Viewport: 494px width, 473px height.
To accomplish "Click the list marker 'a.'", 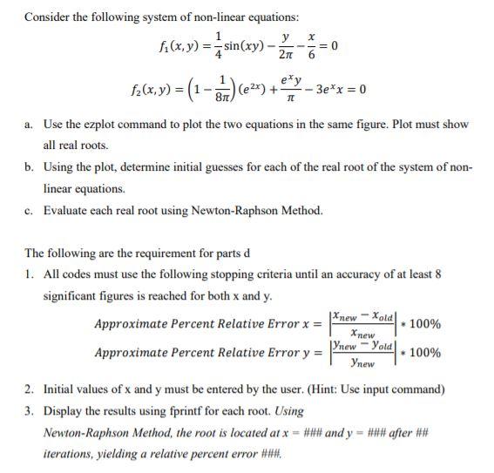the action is (x=30, y=125).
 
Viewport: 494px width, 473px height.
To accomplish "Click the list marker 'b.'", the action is (x=30, y=166).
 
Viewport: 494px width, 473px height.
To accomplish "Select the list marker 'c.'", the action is (x=30, y=210).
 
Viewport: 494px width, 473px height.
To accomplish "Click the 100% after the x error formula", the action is (x=424, y=325).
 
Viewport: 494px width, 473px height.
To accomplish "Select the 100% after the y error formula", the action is (x=424, y=353).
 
